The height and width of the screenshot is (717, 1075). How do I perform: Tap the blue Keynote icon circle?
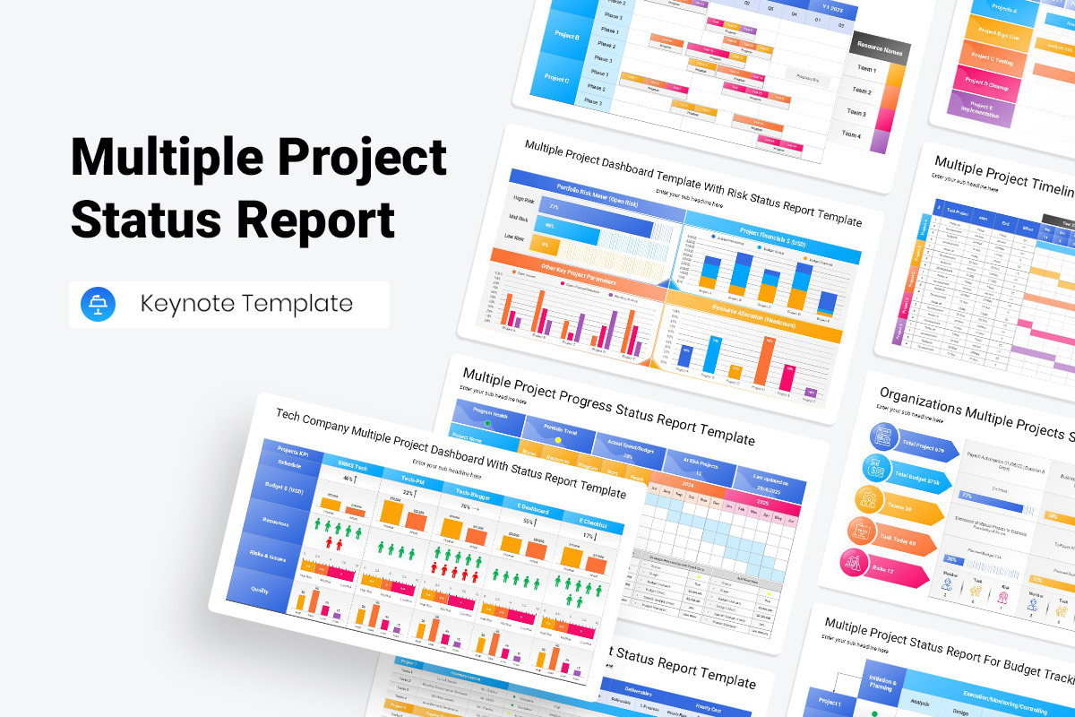(98, 304)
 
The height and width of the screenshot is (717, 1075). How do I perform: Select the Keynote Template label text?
(246, 304)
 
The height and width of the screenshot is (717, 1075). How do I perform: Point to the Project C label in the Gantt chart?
(556, 79)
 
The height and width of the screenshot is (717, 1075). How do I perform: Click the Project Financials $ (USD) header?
(771, 235)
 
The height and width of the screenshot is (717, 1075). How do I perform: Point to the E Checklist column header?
(592, 523)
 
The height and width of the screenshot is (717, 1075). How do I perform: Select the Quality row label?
(260, 591)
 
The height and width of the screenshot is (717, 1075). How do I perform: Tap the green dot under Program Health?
(487, 422)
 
